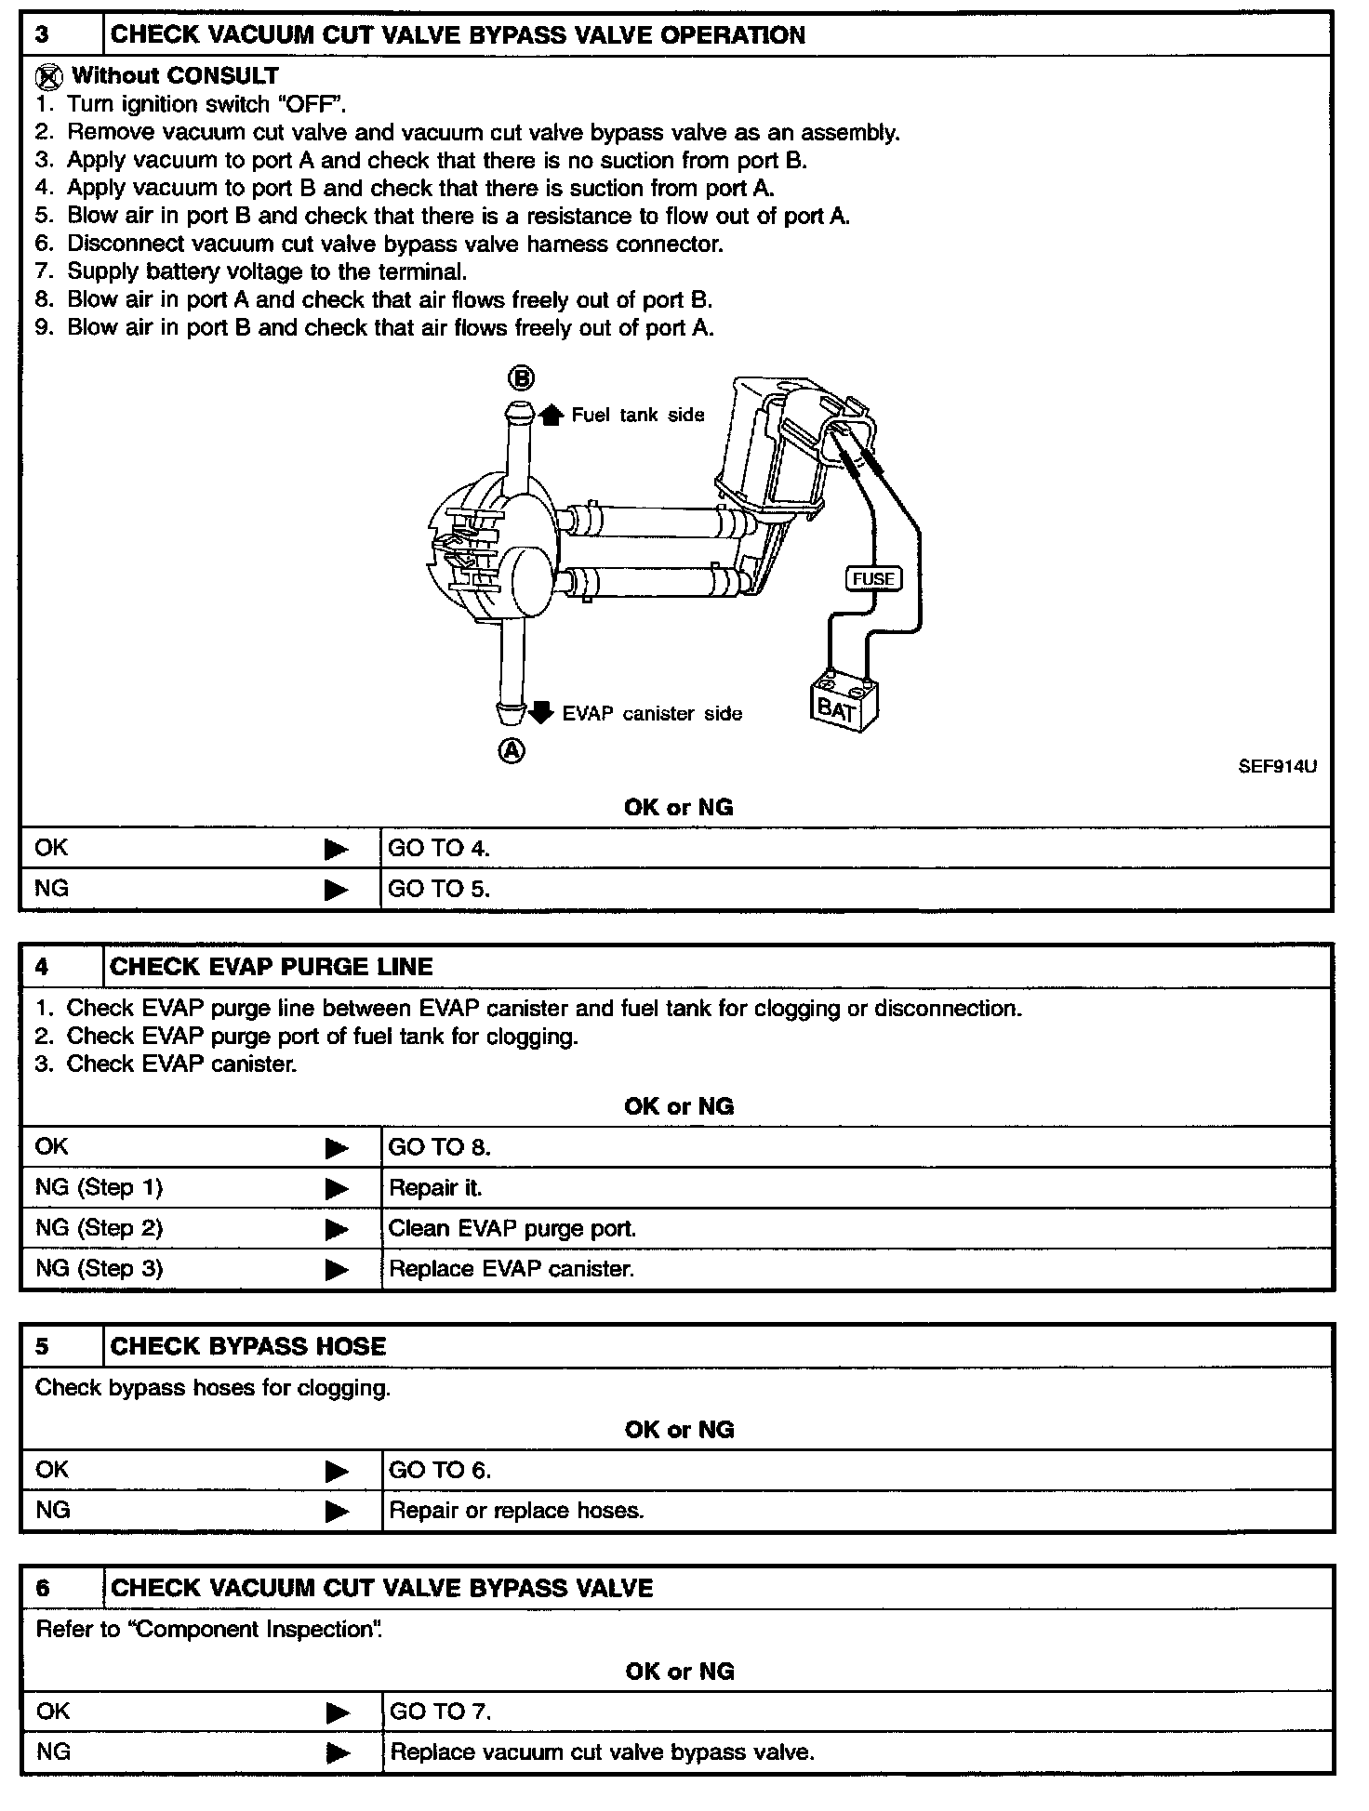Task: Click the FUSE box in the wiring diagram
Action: tap(872, 578)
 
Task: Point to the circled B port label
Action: tap(521, 377)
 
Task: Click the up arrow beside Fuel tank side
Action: tap(552, 415)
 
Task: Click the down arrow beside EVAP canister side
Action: tap(541, 713)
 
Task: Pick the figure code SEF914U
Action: tap(1277, 767)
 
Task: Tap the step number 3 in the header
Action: tap(43, 35)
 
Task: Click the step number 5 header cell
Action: tap(43, 1346)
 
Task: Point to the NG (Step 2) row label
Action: tap(99, 1228)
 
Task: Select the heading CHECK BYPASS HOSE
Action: tap(248, 1346)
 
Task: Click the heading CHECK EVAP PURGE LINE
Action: tap(272, 967)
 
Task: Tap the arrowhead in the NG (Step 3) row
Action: tap(336, 1270)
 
